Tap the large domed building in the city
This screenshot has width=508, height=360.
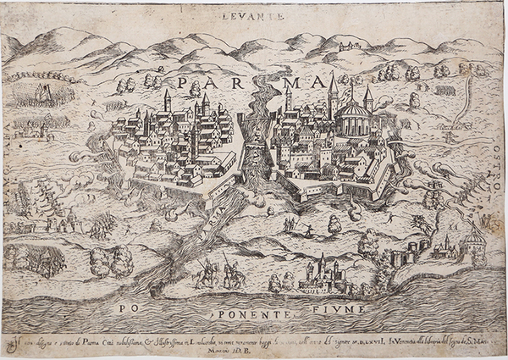click(353, 118)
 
